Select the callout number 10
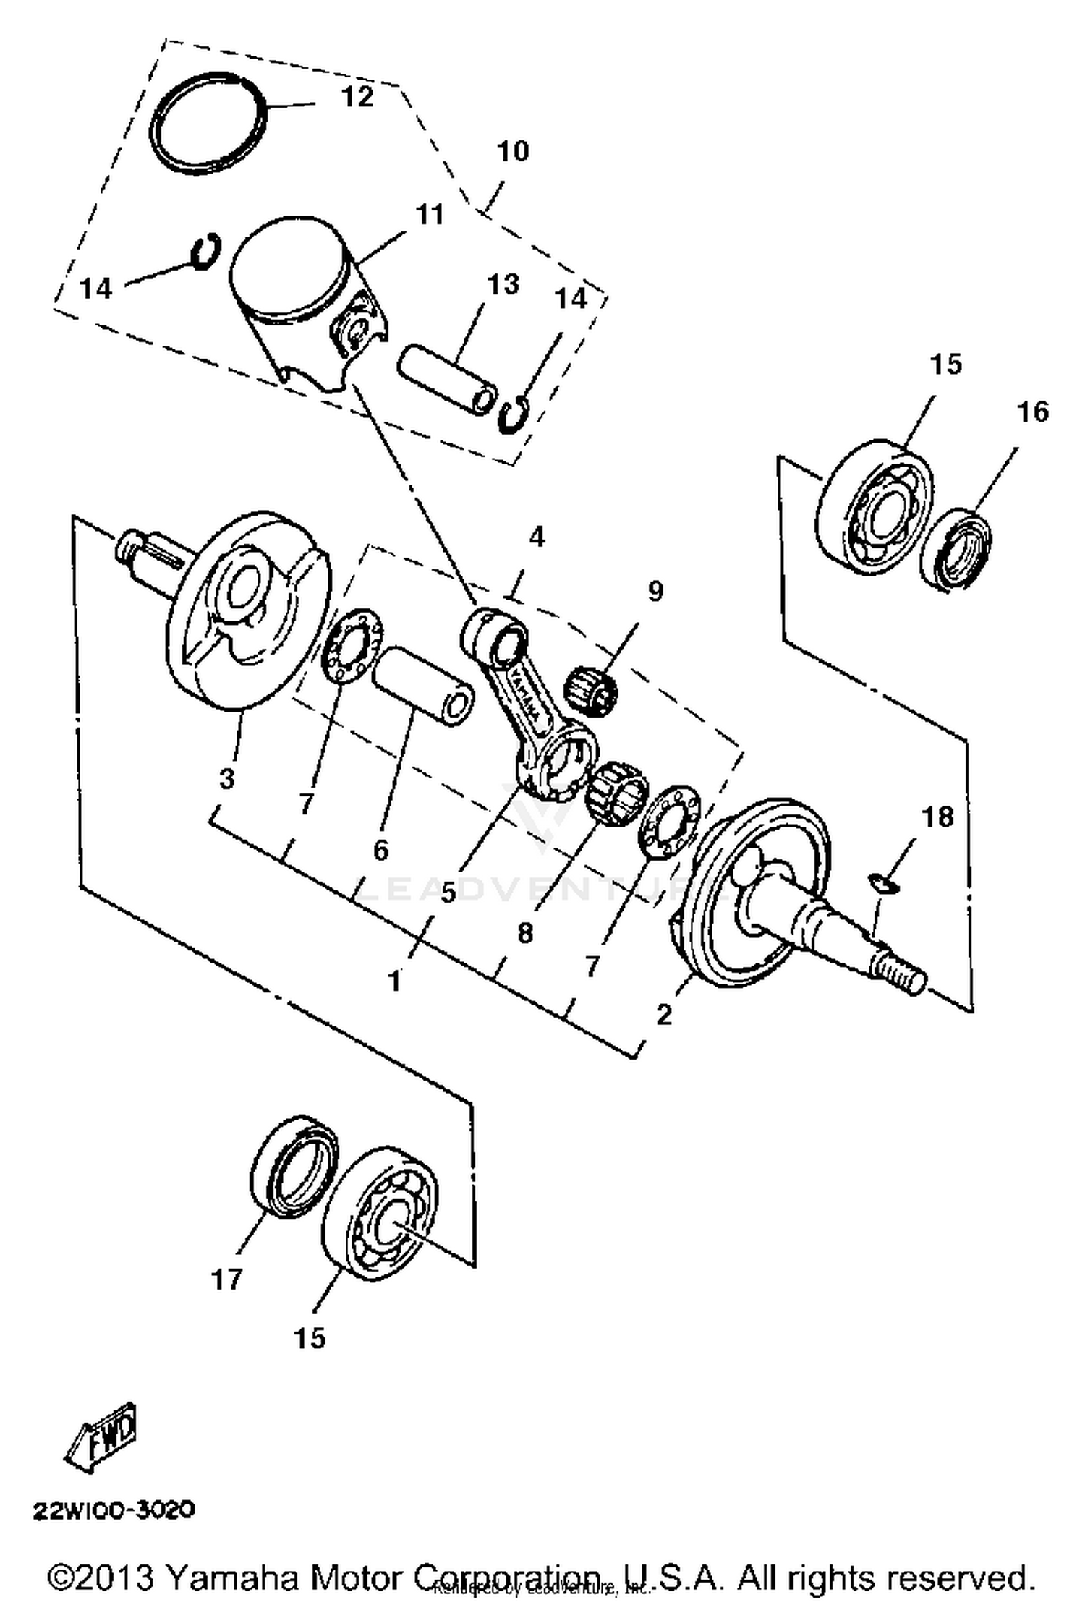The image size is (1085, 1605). tap(512, 152)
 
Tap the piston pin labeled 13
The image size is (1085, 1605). tap(447, 378)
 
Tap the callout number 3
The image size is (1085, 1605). tap(226, 778)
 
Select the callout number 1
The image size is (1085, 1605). tap(394, 982)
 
